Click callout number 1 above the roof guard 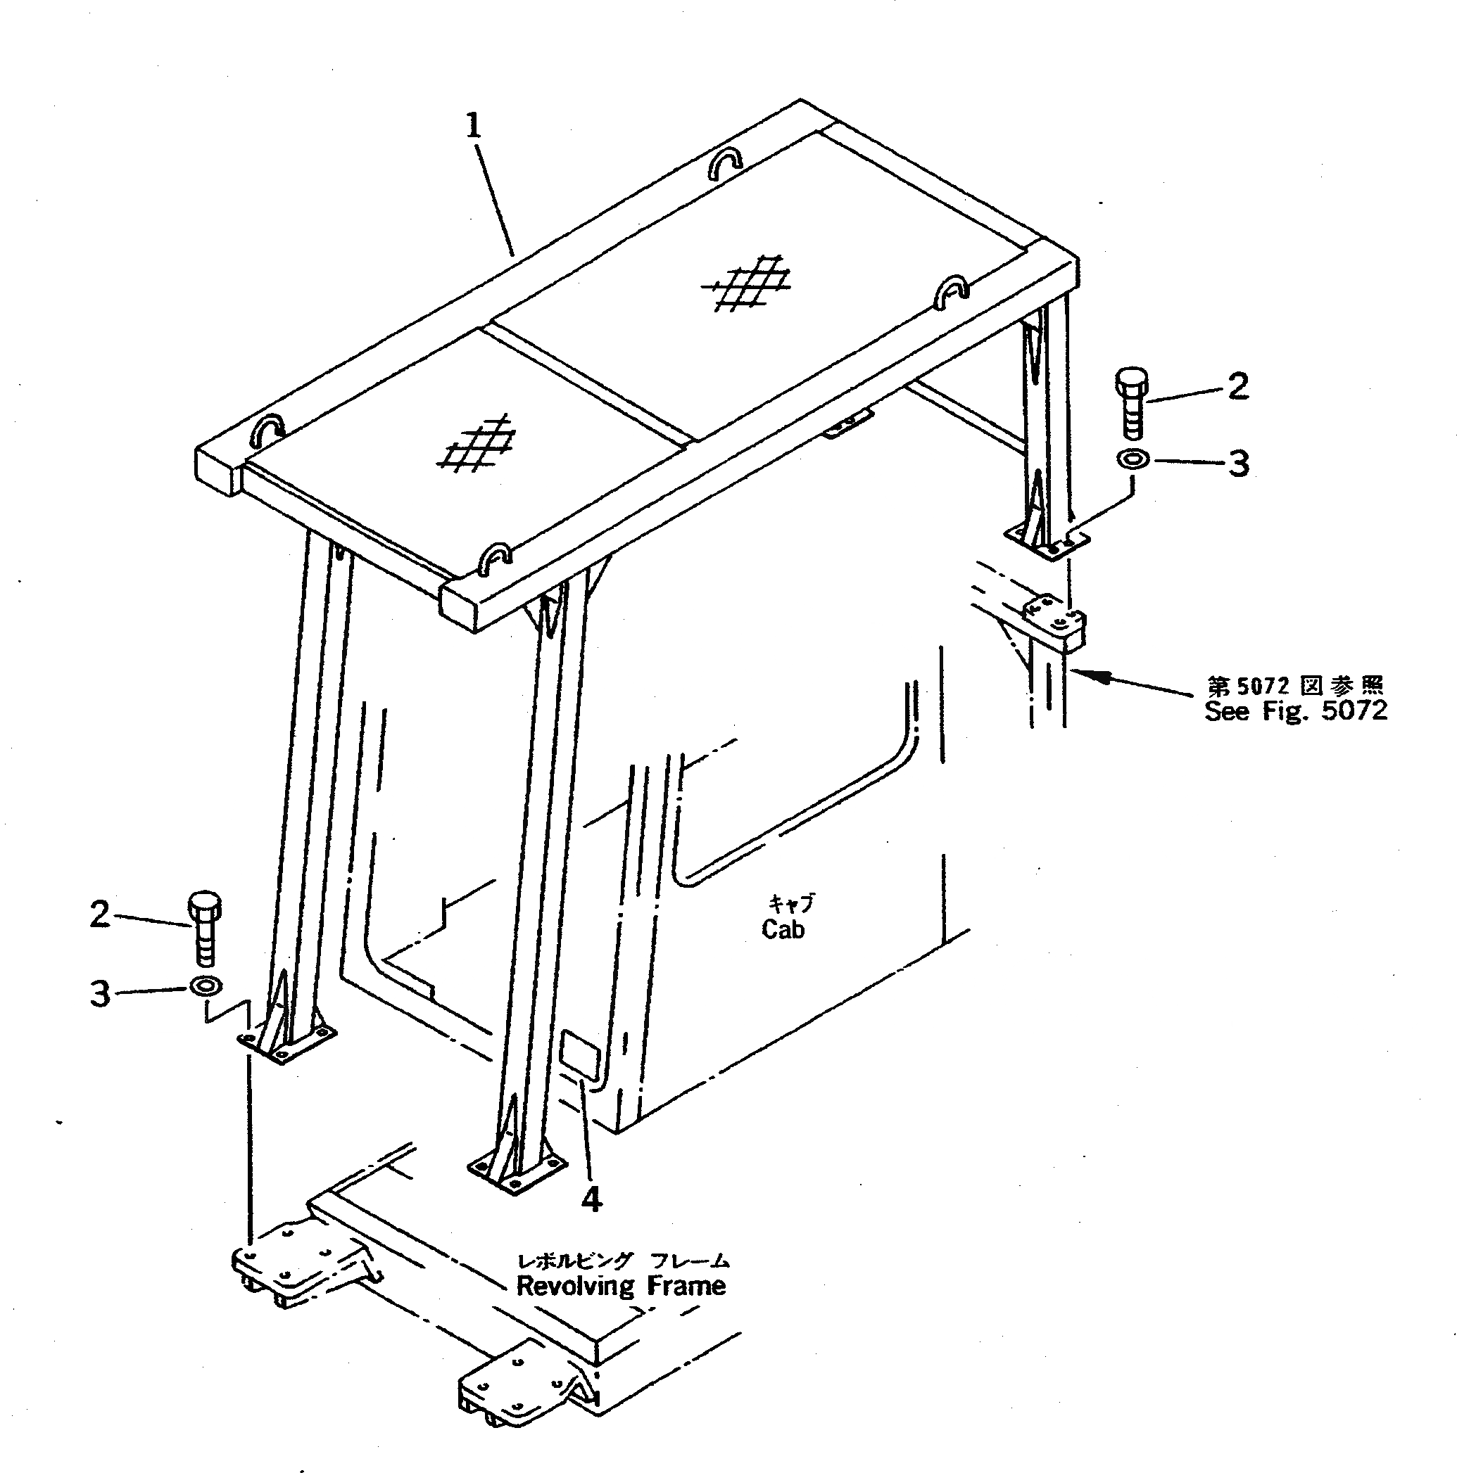pyautogui.click(x=474, y=127)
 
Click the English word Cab pyautogui.click(x=783, y=929)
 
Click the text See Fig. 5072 pyautogui.click(x=1295, y=710)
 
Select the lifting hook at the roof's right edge pyautogui.click(x=952, y=291)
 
